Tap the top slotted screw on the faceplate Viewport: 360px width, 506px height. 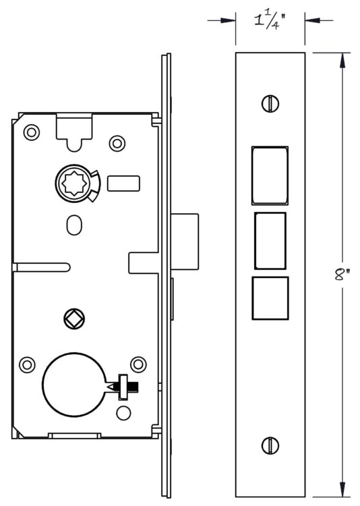(x=270, y=104)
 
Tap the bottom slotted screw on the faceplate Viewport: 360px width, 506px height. (x=270, y=446)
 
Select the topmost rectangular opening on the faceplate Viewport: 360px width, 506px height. (x=270, y=175)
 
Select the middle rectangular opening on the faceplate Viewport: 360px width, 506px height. (x=270, y=241)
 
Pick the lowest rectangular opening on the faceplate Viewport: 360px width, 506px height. (x=270, y=298)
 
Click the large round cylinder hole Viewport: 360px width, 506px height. (x=75, y=385)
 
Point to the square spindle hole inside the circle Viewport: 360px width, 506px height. (x=74, y=318)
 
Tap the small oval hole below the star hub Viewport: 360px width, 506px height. (x=74, y=225)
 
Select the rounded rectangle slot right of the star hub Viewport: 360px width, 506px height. (x=123, y=184)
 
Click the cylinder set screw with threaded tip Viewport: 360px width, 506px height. (x=124, y=386)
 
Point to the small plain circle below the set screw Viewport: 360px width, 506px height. (x=123, y=414)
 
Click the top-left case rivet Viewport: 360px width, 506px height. (x=32, y=132)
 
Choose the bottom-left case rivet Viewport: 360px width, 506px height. (x=27, y=364)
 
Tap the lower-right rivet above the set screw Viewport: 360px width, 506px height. (x=138, y=364)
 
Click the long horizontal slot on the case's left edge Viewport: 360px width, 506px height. (x=41, y=268)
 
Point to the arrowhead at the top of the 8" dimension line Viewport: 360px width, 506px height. (x=342, y=60)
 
